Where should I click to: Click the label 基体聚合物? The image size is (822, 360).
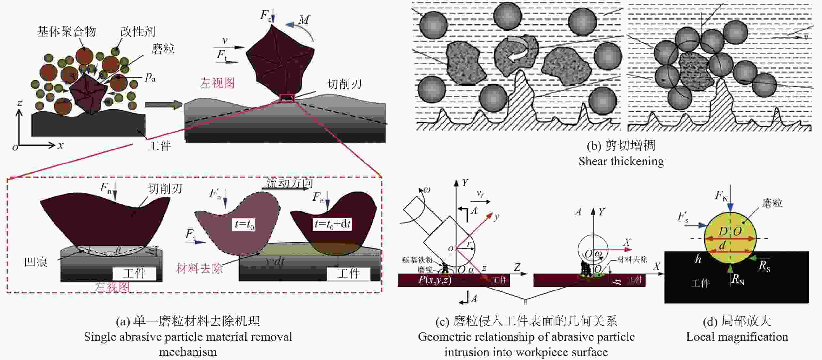[67, 32]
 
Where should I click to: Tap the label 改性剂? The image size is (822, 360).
[137, 32]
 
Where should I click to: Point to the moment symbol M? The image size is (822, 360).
[304, 20]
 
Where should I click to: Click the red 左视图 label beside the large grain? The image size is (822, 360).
[217, 83]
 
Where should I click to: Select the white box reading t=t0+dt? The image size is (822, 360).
[332, 224]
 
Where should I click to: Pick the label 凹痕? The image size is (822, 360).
[36, 262]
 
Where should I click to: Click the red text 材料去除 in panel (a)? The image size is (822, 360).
[199, 268]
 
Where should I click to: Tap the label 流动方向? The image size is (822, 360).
[289, 183]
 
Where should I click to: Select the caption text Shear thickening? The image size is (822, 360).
[621, 161]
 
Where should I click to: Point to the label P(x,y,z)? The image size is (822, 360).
[435, 280]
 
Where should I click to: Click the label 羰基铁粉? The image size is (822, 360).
[417, 260]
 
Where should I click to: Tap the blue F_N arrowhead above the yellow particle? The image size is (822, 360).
[730, 207]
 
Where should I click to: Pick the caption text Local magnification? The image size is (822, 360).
[737, 337]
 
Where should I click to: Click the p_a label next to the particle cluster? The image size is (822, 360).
[150, 77]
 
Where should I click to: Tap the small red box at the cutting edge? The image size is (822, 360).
[287, 98]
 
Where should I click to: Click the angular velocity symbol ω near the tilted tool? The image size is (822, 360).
[426, 190]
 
